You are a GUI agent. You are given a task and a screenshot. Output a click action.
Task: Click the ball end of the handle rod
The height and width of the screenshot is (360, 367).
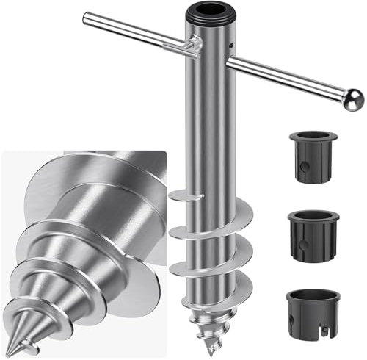[x=354, y=99]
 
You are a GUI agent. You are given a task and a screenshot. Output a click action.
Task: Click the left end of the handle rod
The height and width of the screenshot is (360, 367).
[x=87, y=17]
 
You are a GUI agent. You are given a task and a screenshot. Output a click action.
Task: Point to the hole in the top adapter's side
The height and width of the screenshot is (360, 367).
[x=303, y=166]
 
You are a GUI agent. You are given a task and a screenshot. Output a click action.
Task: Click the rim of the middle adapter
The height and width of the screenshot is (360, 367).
[x=313, y=215]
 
